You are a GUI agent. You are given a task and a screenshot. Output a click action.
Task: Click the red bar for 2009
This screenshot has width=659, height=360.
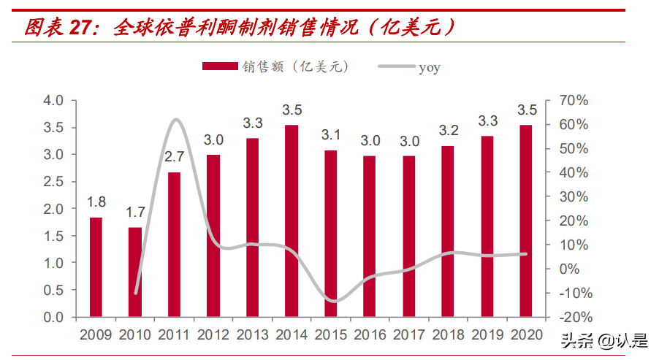(x=96, y=267)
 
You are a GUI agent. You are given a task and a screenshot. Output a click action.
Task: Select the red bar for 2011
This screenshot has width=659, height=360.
(x=174, y=245)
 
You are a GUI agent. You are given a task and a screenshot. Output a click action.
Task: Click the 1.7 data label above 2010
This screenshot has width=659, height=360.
(x=135, y=214)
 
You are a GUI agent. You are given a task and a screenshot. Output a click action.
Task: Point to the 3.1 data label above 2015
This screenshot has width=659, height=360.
(x=331, y=135)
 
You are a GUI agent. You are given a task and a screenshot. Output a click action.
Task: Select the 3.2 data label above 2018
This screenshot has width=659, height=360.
(x=448, y=131)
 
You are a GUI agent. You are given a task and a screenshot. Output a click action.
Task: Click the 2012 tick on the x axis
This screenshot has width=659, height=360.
(x=213, y=334)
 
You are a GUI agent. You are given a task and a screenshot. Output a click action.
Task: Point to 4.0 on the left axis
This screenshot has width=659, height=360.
(x=55, y=101)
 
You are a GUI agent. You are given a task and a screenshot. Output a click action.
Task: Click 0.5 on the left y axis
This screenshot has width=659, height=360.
(x=55, y=290)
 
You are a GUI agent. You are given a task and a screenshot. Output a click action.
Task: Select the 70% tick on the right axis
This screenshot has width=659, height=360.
(x=574, y=101)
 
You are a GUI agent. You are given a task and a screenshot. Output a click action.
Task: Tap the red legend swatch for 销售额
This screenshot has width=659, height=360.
(x=219, y=66)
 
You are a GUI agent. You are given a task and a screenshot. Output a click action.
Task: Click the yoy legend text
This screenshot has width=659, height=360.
(x=429, y=67)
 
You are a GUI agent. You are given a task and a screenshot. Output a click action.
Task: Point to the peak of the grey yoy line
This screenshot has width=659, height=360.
(x=176, y=119)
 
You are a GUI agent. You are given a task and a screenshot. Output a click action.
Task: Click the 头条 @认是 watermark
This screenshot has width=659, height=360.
(x=603, y=340)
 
